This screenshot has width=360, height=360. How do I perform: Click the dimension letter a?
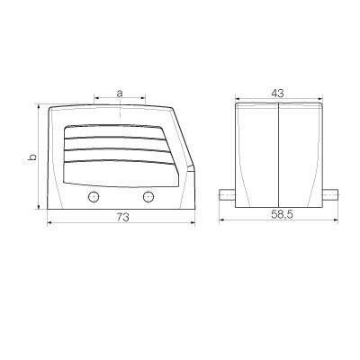point(120,92)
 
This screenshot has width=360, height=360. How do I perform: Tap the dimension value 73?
point(120,218)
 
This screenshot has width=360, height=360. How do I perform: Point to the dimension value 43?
point(277,92)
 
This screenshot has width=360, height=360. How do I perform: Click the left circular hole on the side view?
point(92,198)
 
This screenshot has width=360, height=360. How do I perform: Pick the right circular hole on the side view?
point(148,198)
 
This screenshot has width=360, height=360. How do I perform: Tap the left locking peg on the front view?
point(228,193)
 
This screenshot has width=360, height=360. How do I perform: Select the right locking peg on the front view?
point(329,193)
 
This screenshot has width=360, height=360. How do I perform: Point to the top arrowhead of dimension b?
point(39,106)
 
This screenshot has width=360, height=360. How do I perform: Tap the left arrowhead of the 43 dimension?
point(238,97)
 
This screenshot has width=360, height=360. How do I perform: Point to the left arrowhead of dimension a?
point(95,97)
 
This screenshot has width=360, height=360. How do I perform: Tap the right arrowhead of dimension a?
point(144,97)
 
